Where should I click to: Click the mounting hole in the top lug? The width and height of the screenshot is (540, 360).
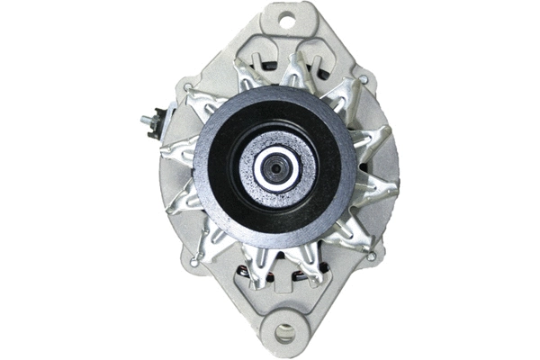287,19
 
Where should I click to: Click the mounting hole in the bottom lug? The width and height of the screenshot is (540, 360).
285,334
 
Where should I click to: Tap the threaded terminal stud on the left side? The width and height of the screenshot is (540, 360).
145,120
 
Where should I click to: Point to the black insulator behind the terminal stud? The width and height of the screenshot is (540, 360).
159,119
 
